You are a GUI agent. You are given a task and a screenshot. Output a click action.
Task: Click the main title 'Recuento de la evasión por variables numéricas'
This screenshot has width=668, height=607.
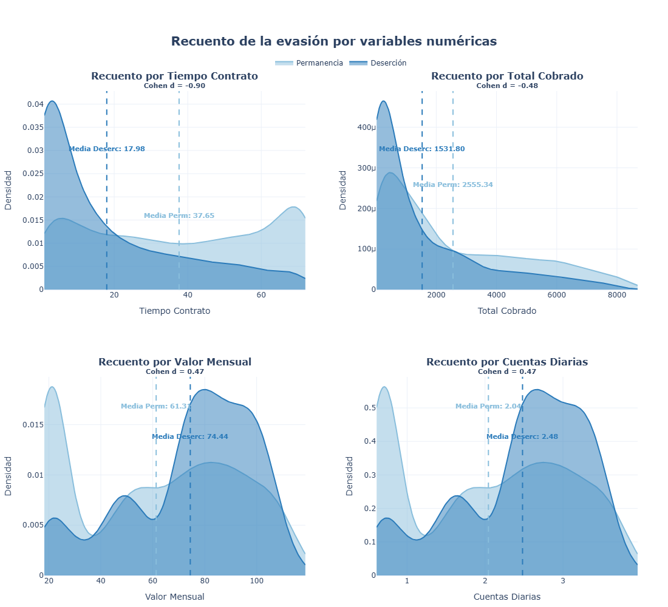tap(334, 41)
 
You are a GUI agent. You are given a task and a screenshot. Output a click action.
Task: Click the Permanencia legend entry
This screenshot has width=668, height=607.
tap(309, 63)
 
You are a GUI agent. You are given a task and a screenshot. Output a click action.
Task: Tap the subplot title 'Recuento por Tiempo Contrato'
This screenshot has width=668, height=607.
tap(174, 76)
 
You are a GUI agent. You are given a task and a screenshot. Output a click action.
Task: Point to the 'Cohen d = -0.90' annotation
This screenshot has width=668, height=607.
tap(174, 86)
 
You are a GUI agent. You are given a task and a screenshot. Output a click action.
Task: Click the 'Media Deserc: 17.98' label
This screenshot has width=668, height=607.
tap(107, 149)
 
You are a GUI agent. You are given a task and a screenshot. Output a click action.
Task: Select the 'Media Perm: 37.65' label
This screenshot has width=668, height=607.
tap(179, 216)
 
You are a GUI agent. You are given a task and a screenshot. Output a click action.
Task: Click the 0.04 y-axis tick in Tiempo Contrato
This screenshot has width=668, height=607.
tap(35, 104)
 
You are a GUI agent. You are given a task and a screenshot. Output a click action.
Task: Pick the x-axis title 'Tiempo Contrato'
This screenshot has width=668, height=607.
tap(174, 311)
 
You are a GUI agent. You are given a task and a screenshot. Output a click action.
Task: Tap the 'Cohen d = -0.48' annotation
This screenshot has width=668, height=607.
tap(507, 86)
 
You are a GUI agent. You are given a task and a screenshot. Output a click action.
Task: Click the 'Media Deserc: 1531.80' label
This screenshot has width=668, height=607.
tap(422, 149)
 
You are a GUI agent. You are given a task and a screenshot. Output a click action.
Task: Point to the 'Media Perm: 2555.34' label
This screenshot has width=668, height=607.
tap(453, 185)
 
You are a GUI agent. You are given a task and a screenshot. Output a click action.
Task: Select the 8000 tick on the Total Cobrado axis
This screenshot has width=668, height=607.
tap(616, 295)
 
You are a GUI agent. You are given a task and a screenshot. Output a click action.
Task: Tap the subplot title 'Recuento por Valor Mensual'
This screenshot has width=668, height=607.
tap(174, 362)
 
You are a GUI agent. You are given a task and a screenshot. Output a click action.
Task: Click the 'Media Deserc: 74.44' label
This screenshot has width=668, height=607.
tap(190, 436)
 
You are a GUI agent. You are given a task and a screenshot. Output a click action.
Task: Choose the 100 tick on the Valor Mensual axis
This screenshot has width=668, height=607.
tap(257, 581)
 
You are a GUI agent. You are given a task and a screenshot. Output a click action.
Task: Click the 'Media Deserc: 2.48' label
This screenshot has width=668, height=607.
tap(522, 436)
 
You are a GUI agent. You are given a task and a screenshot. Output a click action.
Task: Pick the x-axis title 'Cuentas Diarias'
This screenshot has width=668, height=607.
tap(507, 597)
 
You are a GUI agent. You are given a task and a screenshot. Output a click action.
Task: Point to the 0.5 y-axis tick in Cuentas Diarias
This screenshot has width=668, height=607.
tap(369, 408)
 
